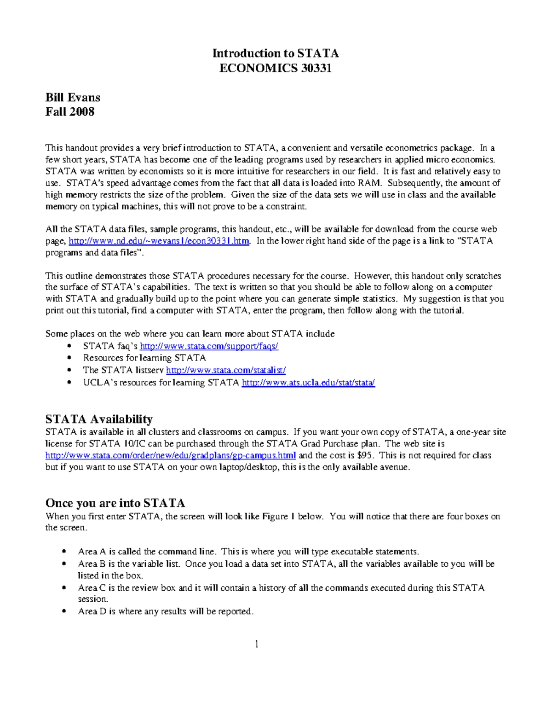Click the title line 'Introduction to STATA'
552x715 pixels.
(x=276, y=53)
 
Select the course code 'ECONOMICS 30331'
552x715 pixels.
(x=276, y=69)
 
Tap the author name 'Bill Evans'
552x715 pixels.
(x=73, y=98)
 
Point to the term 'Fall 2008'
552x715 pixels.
(x=70, y=112)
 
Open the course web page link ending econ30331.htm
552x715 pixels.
(x=159, y=241)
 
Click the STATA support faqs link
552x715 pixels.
(x=209, y=346)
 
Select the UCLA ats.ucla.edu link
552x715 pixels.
(x=308, y=383)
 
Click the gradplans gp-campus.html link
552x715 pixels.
(x=171, y=455)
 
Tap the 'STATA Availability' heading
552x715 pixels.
(x=99, y=419)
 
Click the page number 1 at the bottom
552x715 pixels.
(x=257, y=644)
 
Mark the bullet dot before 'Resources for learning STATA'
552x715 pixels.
(x=69, y=358)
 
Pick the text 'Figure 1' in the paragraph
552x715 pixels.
(x=278, y=516)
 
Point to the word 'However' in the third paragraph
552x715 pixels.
(x=372, y=276)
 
